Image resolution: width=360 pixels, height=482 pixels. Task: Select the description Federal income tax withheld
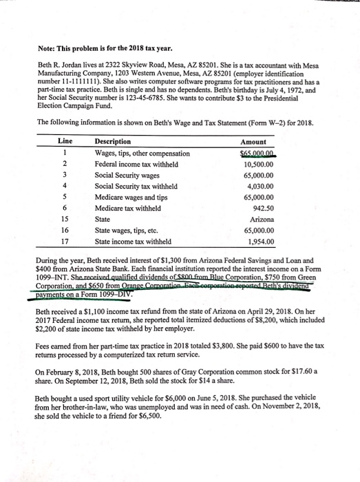coord(136,163)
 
